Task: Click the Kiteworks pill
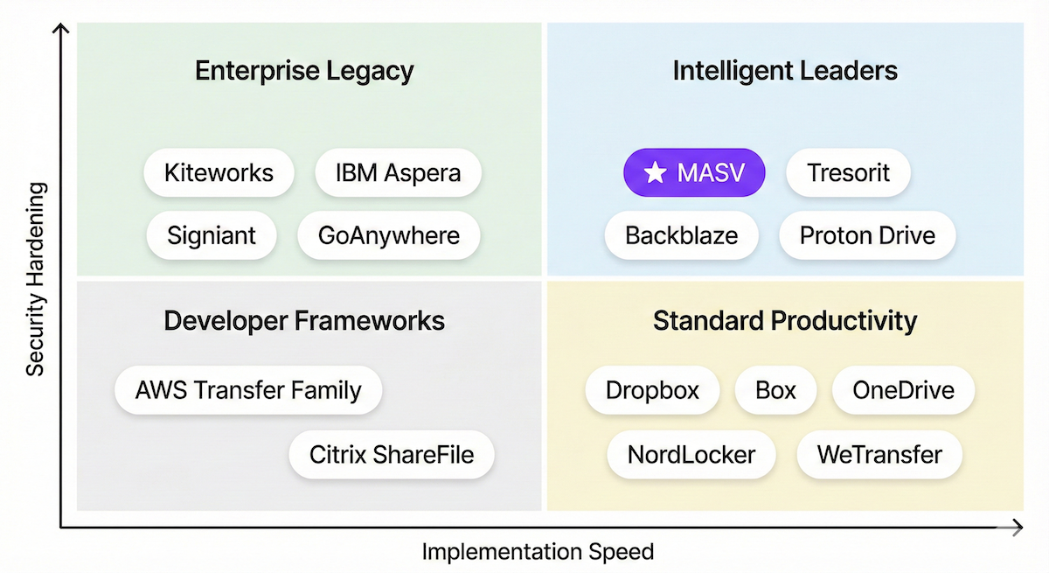coord(219,172)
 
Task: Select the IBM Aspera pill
coord(398,172)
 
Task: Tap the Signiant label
coord(212,235)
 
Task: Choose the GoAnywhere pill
coord(389,235)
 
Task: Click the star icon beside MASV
coord(654,173)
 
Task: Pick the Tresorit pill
coord(848,172)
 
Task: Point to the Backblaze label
coord(681,235)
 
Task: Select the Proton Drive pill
coord(867,235)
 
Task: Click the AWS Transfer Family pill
coord(248,390)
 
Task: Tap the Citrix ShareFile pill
coord(392,455)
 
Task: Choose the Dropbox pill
coord(652,390)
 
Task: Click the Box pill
coord(775,390)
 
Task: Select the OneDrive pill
coord(903,390)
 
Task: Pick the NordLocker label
coord(691,455)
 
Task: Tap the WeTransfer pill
coord(879,455)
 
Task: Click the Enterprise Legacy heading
coord(304,71)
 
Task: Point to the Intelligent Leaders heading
coord(785,71)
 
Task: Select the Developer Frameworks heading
coord(304,321)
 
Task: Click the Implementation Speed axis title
coord(538,552)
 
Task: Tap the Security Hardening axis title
coord(35,278)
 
